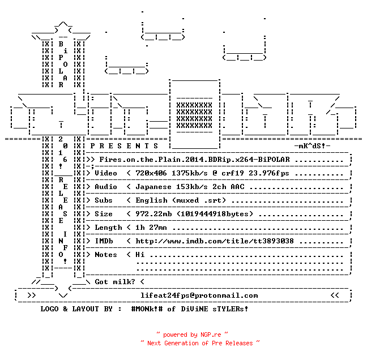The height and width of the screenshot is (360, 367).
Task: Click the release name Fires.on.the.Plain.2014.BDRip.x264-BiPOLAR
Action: tap(195, 160)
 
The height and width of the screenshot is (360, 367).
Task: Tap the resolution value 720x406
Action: tap(151, 173)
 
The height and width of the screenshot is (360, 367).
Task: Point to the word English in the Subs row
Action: tap(152, 200)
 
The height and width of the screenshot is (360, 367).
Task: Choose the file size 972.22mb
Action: tap(153, 214)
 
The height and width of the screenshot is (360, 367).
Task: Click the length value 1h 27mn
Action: tap(151, 228)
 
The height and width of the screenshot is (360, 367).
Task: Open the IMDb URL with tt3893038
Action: tap(215, 241)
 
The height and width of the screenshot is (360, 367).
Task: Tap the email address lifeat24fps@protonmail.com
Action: tap(199, 295)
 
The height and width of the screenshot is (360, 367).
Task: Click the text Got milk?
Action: tap(115, 282)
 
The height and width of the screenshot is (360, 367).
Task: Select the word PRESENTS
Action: tap(124, 146)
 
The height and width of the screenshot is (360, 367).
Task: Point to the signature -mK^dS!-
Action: tap(312, 146)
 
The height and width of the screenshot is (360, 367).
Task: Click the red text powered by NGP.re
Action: tap(192, 335)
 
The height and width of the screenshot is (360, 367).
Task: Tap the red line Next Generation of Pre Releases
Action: tap(200, 343)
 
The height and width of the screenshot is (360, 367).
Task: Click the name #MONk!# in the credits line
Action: tap(147, 309)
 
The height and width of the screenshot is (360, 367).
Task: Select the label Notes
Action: tap(106, 255)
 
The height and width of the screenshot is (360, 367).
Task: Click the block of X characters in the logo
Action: tap(194, 115)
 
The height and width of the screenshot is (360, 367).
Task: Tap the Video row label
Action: tap(106, 173)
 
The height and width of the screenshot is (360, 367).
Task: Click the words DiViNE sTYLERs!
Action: tap(215, 309)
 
